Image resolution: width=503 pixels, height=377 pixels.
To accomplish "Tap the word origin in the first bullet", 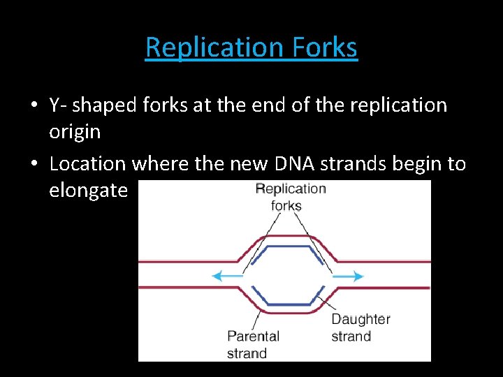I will [75, 131].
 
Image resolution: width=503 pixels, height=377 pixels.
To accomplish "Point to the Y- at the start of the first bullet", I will [58, 105].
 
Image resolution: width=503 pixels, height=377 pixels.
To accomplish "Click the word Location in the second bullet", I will [88, 164].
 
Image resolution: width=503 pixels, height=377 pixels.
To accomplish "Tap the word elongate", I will [89, 190].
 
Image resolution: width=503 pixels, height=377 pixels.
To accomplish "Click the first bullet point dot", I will [34, 106].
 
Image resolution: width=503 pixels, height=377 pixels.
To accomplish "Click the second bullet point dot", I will [34, 165].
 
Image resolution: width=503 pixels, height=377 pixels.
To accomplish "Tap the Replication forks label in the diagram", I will [290, 197].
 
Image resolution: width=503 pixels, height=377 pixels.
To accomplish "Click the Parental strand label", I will [253, 345].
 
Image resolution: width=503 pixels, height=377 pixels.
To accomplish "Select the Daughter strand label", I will [360, 327].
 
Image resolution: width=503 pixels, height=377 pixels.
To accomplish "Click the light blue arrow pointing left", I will [227, 276].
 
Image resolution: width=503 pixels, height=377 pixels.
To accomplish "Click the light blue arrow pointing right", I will [348, 276].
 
